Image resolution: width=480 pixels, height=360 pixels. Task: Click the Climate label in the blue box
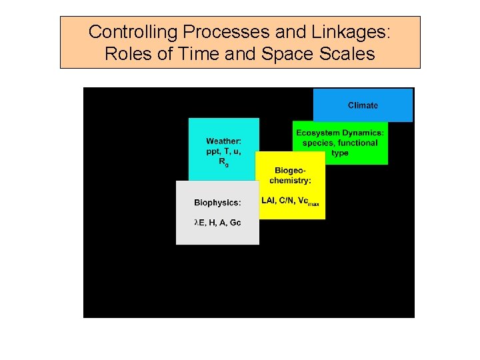coord(363,105)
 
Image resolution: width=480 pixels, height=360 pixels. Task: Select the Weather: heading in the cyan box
coord(223,141)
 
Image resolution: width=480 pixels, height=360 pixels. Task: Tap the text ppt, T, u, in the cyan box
coord(223,151)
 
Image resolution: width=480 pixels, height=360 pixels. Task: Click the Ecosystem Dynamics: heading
coord(340,133)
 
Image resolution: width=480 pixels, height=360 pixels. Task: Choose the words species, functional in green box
coord(340,143)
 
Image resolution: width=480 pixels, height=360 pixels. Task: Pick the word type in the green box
coord(340,153)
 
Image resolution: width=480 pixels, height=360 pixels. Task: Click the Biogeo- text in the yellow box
coord(290,170)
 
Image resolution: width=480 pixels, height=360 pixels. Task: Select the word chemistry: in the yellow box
coord(290,181)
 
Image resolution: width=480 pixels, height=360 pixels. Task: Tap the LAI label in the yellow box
coord(269,200)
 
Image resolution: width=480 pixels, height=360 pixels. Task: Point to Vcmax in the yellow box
coord(309,201)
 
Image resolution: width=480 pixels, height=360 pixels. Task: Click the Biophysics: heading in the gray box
coord(217,203)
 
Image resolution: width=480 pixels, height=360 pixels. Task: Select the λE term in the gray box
coord(199,223)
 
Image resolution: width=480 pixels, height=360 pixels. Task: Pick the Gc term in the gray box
coord(235,223)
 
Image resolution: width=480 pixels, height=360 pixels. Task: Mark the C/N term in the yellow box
coord(287,200)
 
